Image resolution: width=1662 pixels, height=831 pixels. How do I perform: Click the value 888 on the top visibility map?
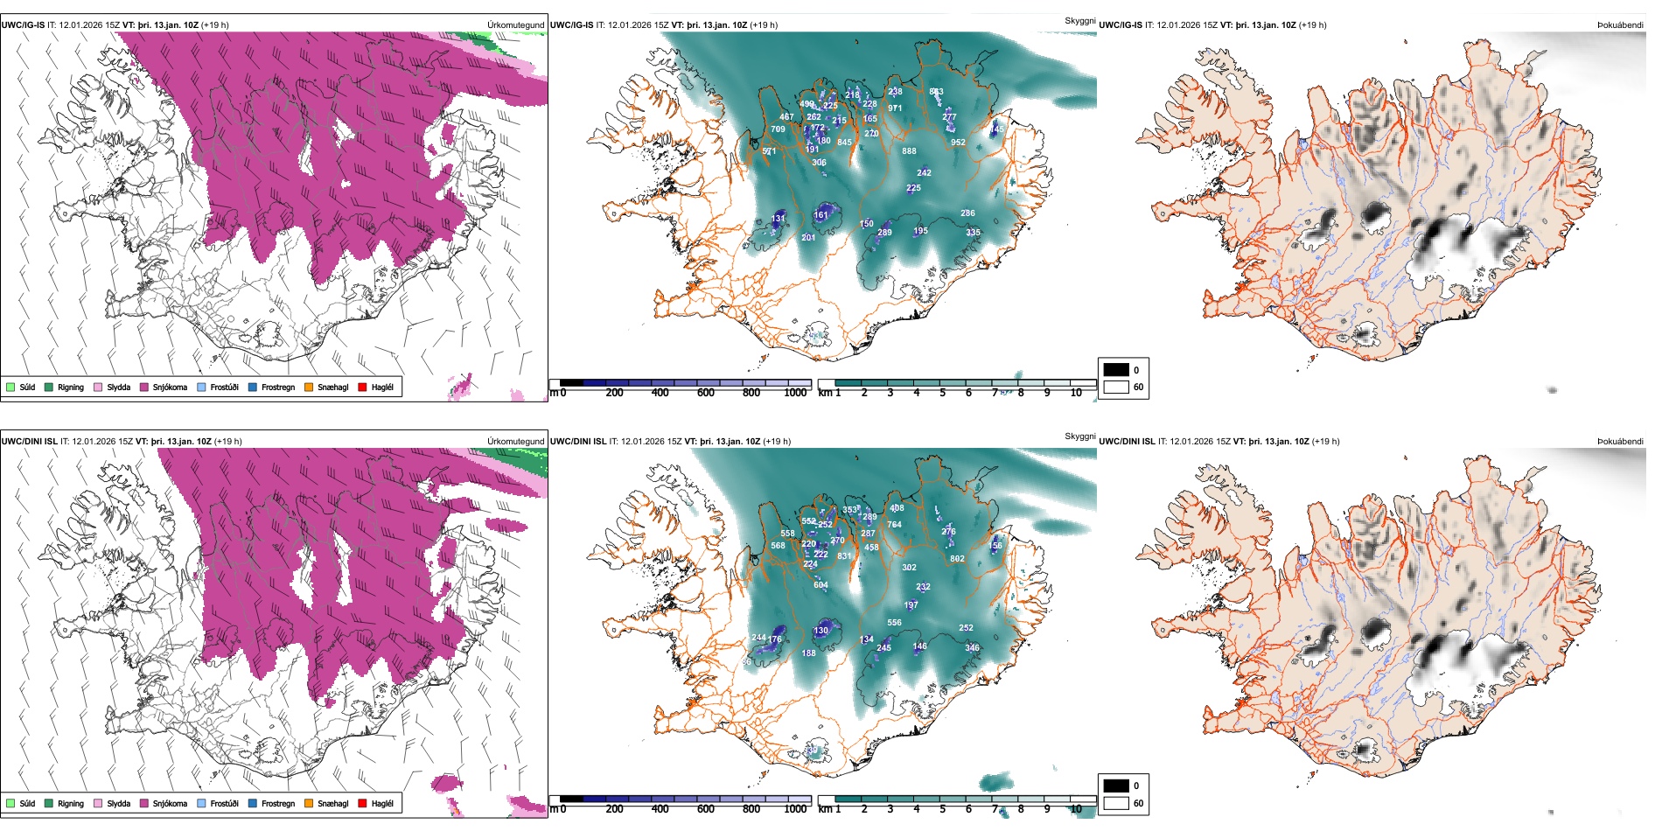tap(909, 151)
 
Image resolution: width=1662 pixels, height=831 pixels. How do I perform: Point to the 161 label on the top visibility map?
tap(821, 214)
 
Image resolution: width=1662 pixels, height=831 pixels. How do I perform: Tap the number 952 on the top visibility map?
tap(958, 143)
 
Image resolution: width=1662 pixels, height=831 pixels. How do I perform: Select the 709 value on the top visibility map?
tap(778, 129)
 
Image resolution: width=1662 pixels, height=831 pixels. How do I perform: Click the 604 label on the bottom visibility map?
tap(821, 585)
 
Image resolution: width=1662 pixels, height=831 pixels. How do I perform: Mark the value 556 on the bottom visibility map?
tap(894, 623)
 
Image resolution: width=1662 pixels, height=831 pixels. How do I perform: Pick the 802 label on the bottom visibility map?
tap(957, 559)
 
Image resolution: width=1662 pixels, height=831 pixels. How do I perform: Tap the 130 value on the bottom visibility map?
tap(821, 631)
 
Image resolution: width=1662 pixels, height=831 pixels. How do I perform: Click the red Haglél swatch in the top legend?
tap(362, 387)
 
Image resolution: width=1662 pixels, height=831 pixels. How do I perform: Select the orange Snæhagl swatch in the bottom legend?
tap(309, 803)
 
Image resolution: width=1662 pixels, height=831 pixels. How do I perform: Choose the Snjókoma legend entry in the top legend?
tap(163, 387)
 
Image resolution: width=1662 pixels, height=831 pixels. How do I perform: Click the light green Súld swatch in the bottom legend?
tap(10, 803)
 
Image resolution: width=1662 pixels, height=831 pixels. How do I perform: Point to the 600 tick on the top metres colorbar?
tap(705, 393)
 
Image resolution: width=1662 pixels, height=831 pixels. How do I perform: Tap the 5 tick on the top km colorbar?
tap(942, 393)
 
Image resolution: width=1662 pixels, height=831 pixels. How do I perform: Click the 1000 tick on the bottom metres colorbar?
tap(795, 809)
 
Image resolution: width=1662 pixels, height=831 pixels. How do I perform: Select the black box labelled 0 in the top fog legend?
tap(1116, 370)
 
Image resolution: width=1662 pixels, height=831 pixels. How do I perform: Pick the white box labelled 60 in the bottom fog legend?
tap(1116, 803)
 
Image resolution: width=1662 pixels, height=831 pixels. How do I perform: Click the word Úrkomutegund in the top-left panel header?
tap(515, 24)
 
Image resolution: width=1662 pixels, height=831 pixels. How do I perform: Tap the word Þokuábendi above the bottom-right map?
tap(1620, 441)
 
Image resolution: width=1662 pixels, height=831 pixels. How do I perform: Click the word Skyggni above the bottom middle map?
tap(1079, 436)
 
